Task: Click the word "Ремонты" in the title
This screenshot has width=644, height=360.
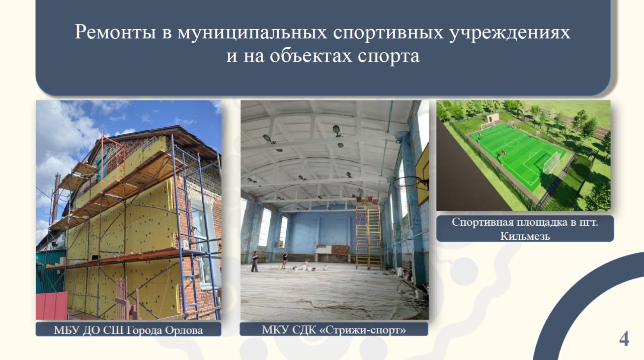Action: [x=115, y=32]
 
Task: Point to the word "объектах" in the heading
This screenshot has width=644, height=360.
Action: [x=311, y=55]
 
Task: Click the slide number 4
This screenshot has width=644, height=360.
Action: [x=624, y=339]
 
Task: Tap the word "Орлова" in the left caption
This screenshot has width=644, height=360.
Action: [x=184, y=330]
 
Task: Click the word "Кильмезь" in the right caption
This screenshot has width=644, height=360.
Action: [x=525, y=236]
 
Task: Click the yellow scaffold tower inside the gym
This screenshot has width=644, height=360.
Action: [x=369, y=233]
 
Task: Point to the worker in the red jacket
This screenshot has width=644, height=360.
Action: [x=255, y=261]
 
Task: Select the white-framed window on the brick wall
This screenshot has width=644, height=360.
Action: [x=204, y=244]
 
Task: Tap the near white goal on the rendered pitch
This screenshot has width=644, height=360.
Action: [x=551, y=162]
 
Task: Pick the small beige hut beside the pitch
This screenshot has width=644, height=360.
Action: [x=492, y=118]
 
